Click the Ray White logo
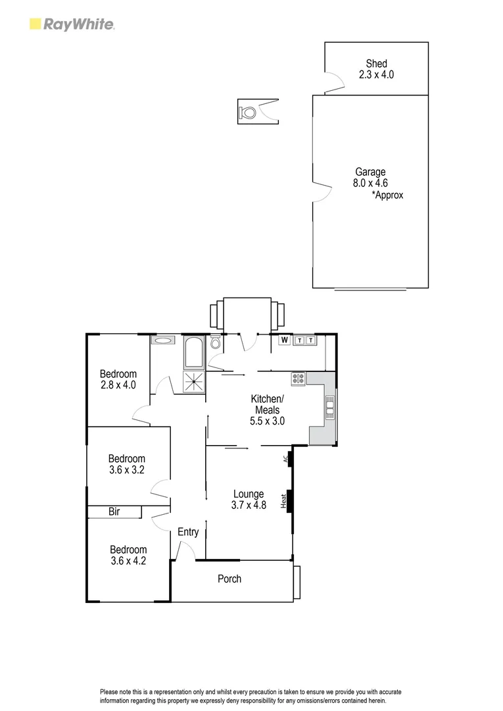point(72,25)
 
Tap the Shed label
point(377,64)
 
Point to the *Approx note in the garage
point(387,195)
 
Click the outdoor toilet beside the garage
point(249,112)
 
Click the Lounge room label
point(248,494)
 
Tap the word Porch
point(229,579)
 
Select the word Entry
point(188,532)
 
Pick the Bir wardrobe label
point(114,512)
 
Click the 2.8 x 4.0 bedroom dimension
point(118,385)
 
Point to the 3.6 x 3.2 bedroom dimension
point(127,470)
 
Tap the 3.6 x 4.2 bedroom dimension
point(128,562)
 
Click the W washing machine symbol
point(285,340)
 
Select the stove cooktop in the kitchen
point(299,379)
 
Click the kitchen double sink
point(329,408)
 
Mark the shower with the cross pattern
point(194,382)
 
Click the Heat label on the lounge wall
point(284,501)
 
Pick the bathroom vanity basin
point(162,340)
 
